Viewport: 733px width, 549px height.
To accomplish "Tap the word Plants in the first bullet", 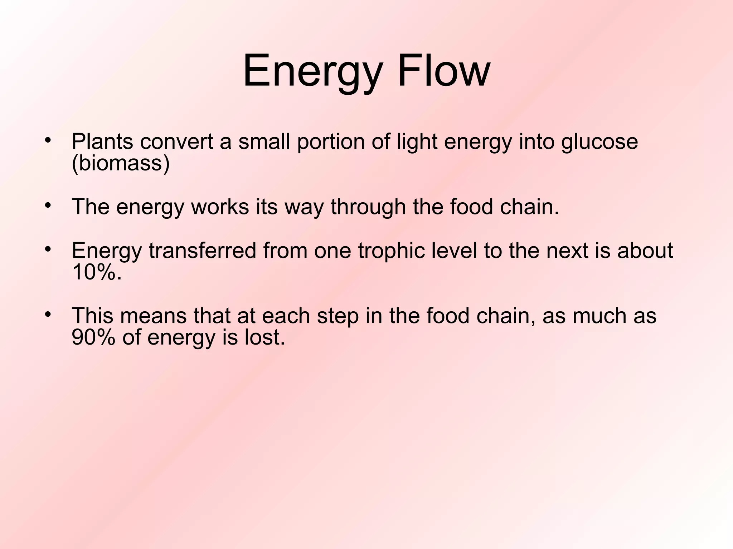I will [x=102, y=142].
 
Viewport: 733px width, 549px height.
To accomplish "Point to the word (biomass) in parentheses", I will [x=121, y=164].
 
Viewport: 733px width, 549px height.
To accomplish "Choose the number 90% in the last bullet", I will [x=93, y=337].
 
